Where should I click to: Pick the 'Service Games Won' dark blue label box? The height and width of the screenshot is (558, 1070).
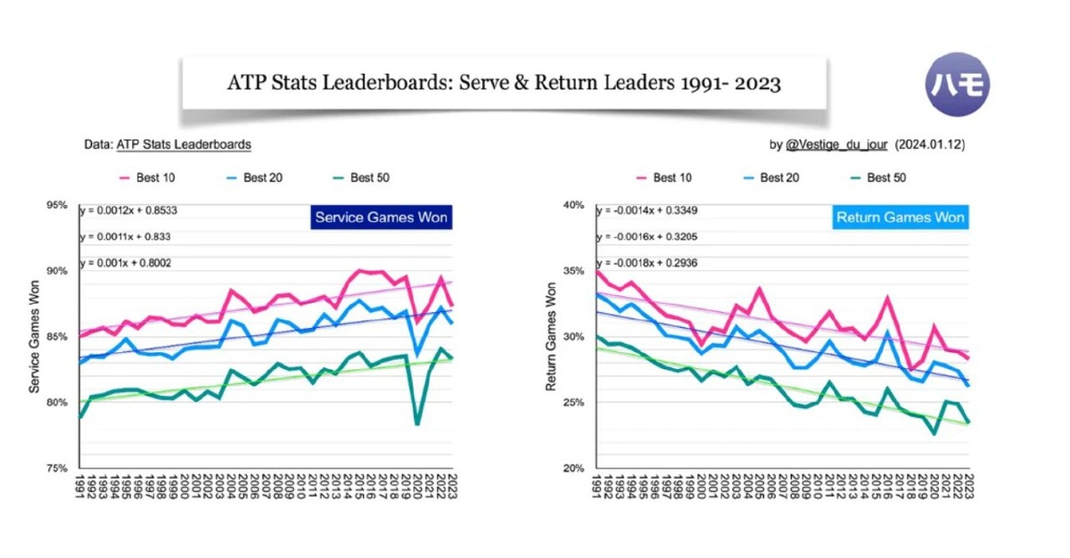click(381, 217)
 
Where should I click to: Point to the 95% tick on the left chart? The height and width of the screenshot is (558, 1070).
click(57, 206)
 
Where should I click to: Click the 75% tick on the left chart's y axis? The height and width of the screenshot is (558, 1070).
click(57, 468)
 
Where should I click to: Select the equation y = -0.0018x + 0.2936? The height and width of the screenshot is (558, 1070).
click(647, 264)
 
